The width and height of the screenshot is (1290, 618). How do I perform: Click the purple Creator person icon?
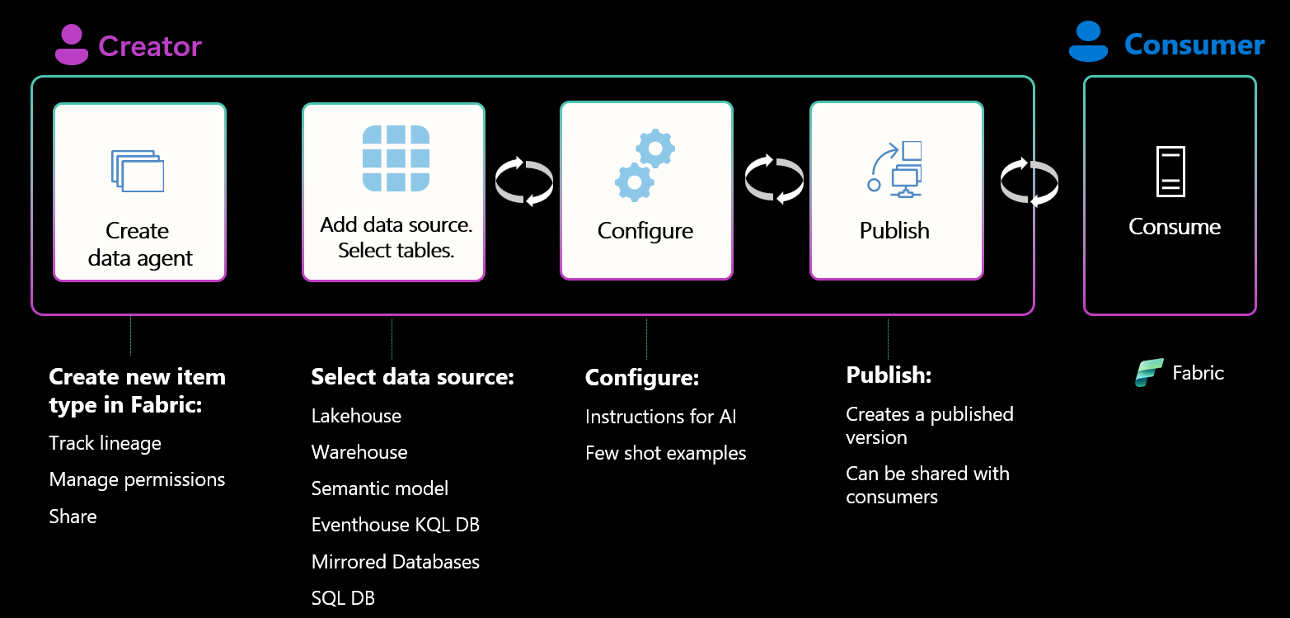[72, 45]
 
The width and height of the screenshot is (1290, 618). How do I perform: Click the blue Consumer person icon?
[1088, 42]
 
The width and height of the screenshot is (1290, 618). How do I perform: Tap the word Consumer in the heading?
[1194, 45]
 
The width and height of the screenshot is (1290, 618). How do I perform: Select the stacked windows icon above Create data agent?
[138, 171]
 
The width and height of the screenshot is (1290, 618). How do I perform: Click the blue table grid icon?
[396, 158]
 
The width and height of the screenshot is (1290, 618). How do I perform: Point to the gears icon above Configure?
[645, 165]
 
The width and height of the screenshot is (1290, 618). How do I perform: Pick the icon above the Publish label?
[895, 169]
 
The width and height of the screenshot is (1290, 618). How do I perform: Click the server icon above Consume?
[1170, 172]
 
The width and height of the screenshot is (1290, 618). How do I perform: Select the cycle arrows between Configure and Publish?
[773, 179]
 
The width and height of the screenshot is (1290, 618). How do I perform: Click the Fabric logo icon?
[1149, 373]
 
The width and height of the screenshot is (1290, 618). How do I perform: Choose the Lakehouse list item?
[356, 416]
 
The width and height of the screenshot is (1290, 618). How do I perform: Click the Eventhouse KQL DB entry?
[395, 525]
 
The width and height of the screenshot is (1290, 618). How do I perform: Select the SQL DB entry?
[343, 597]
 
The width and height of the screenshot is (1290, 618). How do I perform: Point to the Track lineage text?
[105, 443]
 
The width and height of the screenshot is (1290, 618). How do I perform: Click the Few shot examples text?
[665, 453]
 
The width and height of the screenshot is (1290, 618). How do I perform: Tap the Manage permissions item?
[137, 479]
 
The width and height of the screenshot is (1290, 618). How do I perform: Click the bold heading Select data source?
[412, 377]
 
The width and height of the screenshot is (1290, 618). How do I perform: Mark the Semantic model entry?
[379, 488]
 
